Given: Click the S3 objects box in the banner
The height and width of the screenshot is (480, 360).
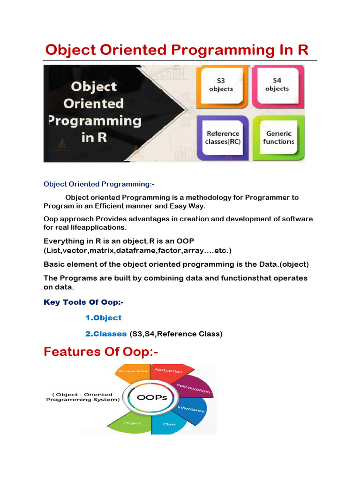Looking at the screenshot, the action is point(222,87).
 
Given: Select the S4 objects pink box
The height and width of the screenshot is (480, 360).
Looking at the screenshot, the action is point(277,87).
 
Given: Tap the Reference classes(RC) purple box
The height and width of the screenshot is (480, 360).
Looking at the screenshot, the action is point(223,138).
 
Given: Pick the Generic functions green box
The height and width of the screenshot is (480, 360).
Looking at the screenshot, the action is point(278,138).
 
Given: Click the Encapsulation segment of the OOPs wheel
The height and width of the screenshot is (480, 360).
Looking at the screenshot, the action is point(134,373).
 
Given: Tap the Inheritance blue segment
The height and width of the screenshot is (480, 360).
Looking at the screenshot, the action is point(192,410).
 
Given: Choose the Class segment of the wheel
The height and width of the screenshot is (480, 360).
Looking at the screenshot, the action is point(169,424).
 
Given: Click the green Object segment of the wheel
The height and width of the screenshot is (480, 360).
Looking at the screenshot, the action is point(132,422).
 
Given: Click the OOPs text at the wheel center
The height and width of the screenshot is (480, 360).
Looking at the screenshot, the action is point(152,397).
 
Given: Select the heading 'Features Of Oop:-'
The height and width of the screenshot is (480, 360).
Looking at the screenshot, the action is point(101,352).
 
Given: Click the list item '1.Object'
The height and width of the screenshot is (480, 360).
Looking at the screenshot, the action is point(104,318).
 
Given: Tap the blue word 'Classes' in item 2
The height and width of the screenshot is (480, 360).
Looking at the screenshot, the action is point(110,334).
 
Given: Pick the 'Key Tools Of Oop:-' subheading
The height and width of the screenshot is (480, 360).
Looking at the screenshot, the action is point(83,302).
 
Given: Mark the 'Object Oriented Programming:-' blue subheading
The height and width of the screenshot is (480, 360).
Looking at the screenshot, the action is point(99,184).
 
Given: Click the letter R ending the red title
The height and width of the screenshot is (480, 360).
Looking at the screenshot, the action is point(303,50).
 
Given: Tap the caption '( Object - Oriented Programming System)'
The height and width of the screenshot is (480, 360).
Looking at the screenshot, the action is point(83,397).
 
